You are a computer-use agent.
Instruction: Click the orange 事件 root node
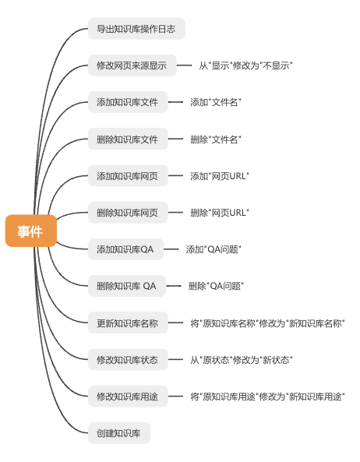pyautogui.click(x=31, y=231)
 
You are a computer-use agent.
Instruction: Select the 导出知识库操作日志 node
pyautogui.click(x=136, y=29)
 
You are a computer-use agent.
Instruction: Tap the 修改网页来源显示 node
pyautogui.click(x=132, y=65)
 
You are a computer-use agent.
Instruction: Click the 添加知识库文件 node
pyautogui.click(x=128, y=102)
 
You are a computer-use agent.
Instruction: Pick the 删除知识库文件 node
pyautogui.click(x=128, y=139)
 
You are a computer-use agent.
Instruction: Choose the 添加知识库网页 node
pyautogui.click(x=128, y=176)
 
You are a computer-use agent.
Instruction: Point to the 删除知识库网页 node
pyautogui.click(x=128, y=213)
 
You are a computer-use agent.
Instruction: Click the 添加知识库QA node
pyautogui.click(x=125, y=249)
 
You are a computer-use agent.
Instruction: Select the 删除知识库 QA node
pyautogui.click(x=127, y=286)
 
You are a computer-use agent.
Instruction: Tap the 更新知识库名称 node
pyautogui.click(x=128, y=323)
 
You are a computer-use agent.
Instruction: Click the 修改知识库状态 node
pyautogui.click(x=128, y=360)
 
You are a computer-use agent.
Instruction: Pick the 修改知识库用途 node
pyautogui.click(x=128, y=397)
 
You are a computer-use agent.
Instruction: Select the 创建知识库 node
pyautogui.click(x=119, y=433)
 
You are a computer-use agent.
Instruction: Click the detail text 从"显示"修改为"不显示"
pyautogui.click(x=245, y=65)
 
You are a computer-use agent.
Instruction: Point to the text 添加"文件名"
pyautogui.click(x=216, y=102)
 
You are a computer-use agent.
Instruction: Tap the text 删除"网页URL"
pyautogui.click(x=220, y=213)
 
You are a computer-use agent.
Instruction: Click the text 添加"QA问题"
pyautogui.click(x=214, y=249)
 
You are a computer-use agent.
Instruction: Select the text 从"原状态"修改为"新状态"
pyautogui.click(x=242, y=360)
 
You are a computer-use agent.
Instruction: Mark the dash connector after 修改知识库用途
pyautogui.click(x=175, y=397)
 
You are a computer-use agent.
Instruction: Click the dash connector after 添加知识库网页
pyautogui.click(x=175, y=176)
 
